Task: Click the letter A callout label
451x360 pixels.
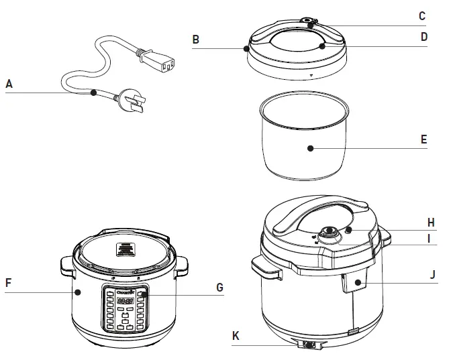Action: pyautogui.click(x=9, y=84)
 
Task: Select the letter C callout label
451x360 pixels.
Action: pyautogui.click(x=422, y=16)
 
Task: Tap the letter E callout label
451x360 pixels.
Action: pyautogui.click(x=423, y=139)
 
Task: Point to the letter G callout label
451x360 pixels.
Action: pyautogui.click(x=219, y=288)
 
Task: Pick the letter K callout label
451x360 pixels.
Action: pyautogui.click(x=236, y=336)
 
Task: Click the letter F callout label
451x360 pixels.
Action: pyautogui.click(x=8, y=283)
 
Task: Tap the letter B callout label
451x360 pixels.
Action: pyautogui.click(x=195, y=40)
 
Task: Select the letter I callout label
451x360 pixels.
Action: pyautogui.click(x=432, y=238)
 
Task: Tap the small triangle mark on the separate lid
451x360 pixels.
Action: pyautogui.click(x=311, y=76)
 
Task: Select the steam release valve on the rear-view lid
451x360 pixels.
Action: pyautogui.click(x=329, y=233)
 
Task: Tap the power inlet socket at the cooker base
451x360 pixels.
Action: pyautogui.click(x=309, y=345)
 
